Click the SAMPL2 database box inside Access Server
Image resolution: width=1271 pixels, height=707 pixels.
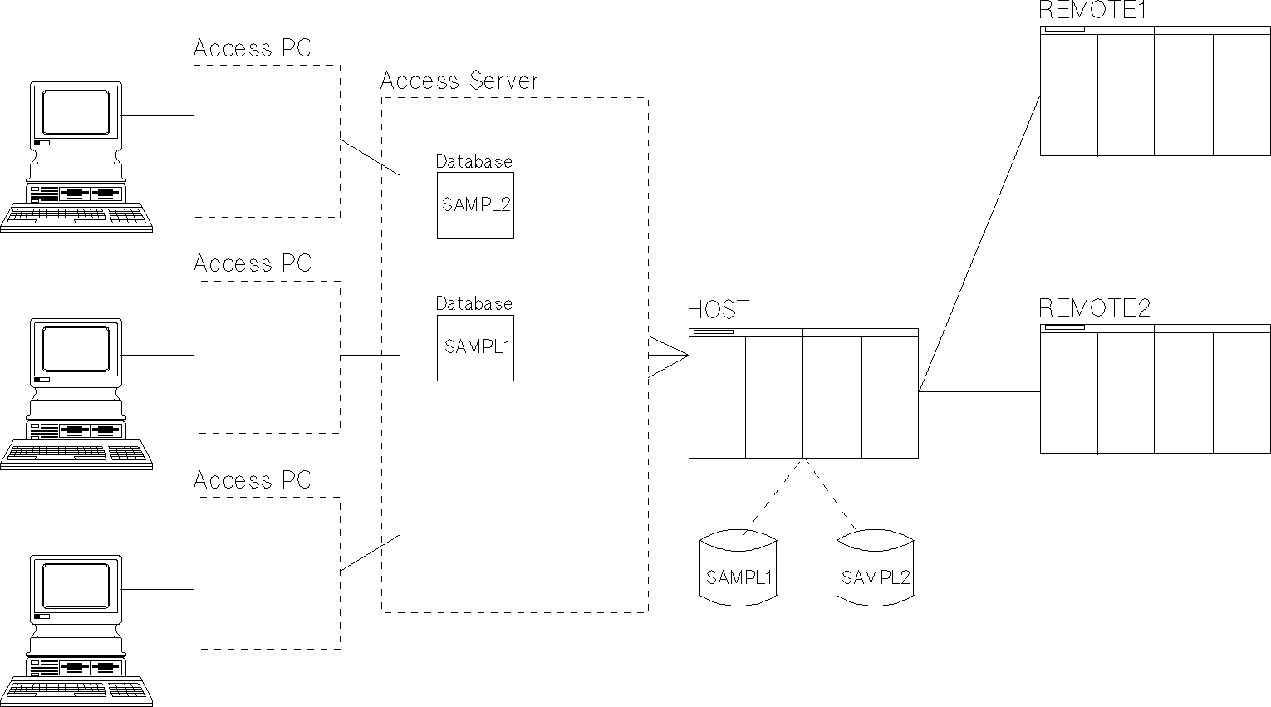(x=475, y=205)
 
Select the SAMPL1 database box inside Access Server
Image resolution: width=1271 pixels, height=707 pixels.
(x=475, y=347)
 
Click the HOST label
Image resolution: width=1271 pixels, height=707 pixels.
(x=718, y=310)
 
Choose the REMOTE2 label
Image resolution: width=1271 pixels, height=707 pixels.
(x=1095, y=308)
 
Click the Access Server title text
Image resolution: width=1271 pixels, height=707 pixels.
(x=459, y=81)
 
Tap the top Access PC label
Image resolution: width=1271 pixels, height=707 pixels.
(x=252, y=48)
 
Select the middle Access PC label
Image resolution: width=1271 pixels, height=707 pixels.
(x=252, y=263)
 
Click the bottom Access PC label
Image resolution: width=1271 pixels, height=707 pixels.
(x=252, y=479)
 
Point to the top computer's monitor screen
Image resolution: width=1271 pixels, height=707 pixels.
(x=76, y=111)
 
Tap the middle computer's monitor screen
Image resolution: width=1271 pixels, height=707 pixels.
(x=76, y=348)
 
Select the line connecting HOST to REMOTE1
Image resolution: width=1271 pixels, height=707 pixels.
(x=980, y=241)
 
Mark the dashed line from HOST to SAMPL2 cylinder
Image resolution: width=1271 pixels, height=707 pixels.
(x=832, y=495)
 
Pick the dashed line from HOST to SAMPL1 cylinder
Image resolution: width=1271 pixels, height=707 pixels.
(x=776, y=495)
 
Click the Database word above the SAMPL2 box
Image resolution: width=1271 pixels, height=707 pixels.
(x=474, y=161)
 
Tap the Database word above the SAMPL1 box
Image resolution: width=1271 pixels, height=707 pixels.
(x=474, y=303)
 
